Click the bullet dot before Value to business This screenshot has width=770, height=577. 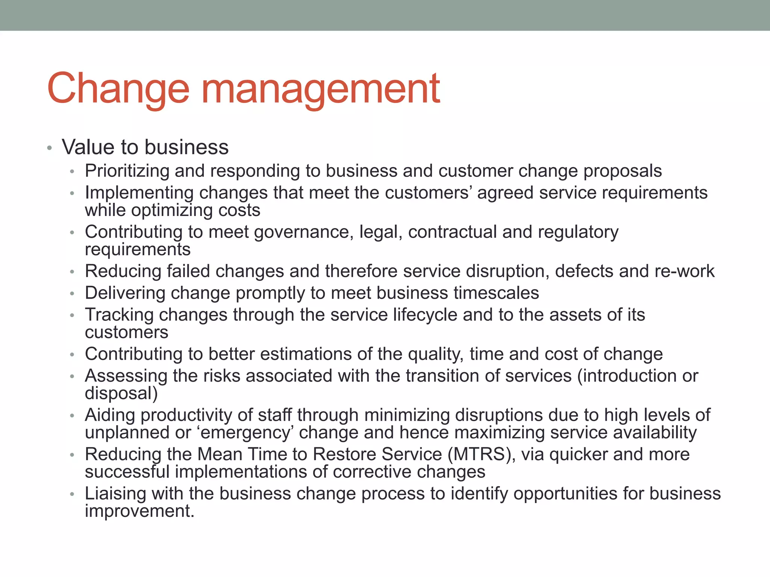pos(49,148)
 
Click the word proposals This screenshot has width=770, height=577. pos(622,171)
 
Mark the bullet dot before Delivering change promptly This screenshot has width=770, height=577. pos(72,294)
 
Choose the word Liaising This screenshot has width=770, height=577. pos(115,494)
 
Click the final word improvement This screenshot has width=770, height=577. pos(139,511)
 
